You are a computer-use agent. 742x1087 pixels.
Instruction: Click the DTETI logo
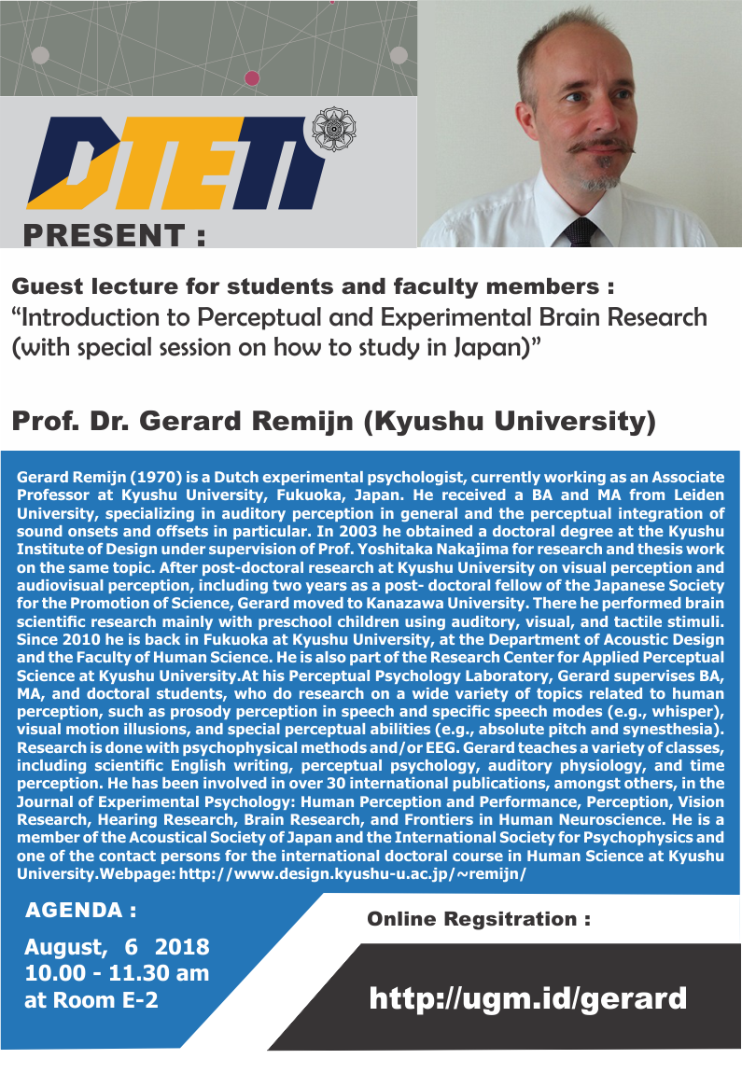click(x=176, y=163)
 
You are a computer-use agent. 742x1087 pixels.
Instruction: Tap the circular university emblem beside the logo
click(x=333, y=130)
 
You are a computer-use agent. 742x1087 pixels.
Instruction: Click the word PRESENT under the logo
click(x=105, y=236)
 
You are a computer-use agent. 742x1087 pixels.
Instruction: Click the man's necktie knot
click(x=581, y=230)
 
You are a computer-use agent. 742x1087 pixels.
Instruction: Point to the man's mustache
click(x=600, y=146)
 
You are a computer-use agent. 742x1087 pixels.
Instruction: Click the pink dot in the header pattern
click(x=252, y=78)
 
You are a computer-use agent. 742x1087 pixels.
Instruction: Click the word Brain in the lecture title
click(x=569, y=317)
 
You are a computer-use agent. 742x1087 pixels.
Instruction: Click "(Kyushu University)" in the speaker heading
click(x=510, y=422)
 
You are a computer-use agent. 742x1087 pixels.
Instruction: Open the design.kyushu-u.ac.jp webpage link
click(x=352, y=873)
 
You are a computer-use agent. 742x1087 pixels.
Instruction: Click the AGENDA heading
click(x=80, y=911)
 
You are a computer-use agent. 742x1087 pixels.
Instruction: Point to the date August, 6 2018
click(x=117, y=947)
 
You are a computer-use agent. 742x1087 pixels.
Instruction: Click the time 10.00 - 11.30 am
click(x=117, y=973)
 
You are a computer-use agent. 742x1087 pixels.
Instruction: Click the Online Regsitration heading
click(x=479, y=919)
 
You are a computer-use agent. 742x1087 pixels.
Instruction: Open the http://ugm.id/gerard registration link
click(x=527, y=999)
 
